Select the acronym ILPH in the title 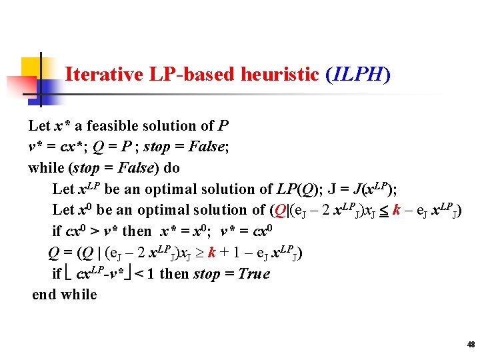tap(357, 74)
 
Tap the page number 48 tap(471, 345)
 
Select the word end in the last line tap(43, 294)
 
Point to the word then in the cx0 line tap(137, 231)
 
